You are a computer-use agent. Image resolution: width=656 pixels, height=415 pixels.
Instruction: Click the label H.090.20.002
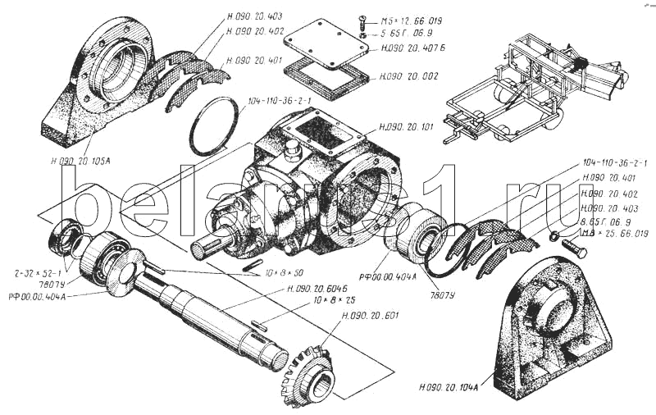click(x=408, y=76)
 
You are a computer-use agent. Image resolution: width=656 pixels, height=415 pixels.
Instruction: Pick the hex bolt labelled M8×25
click(x=575, y=248)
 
